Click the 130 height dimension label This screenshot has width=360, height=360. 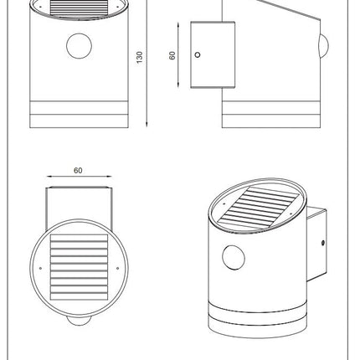pos(140,57)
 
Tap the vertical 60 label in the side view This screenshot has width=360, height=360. pos(172,55)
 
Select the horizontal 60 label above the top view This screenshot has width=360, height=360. pos(78,170)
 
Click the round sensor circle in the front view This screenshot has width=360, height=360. pos(79,46)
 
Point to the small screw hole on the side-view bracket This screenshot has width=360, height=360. pos(198,54)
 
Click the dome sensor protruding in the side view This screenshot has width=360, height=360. pos(324,46)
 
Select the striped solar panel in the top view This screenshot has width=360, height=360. pos(79,267)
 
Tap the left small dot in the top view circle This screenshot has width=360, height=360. pos(40,268)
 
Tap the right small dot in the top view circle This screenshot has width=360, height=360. pos(117,268)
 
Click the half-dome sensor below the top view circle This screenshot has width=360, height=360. pos(79,321)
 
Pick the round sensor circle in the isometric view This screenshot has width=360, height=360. pos(234,258)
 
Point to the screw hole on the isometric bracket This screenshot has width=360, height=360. pos(323,243)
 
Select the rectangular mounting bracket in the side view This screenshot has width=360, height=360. pos(213,54)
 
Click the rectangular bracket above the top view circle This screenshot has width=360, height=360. pos(79,208)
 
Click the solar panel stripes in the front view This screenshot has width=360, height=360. pos(79,7)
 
